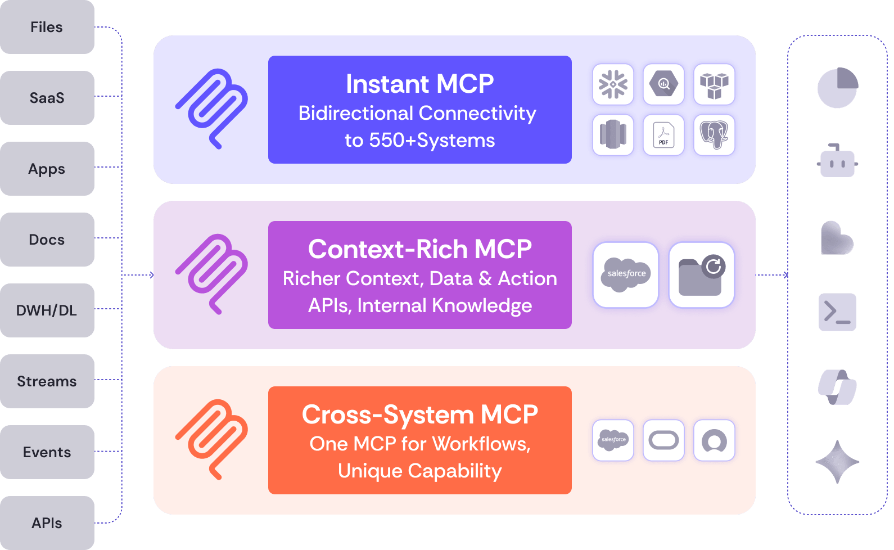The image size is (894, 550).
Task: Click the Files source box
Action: (47, 27)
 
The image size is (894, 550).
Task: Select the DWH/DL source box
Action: (47, 310)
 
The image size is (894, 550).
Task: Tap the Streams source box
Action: (47, 381)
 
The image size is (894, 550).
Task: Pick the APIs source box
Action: (47, 523)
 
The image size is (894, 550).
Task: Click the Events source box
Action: (47, 452)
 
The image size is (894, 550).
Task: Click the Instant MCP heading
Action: (419, 84)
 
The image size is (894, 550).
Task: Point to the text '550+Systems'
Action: (432, 140)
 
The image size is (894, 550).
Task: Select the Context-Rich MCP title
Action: (419, 249)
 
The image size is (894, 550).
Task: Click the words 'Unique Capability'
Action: (419, 471)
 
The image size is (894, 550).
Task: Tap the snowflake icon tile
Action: (613, 84)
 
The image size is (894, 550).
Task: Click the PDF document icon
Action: (663, 135)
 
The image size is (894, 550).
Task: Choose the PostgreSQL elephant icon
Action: (714, 135)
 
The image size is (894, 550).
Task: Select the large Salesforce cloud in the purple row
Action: (626, 274)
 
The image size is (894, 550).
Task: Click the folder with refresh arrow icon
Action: (702, 274)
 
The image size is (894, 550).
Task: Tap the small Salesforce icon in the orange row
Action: (613, 440)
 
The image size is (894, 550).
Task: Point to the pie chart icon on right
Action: (837, 88)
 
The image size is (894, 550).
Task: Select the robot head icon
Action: (837, 161)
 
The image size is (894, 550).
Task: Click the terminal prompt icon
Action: (837, 312)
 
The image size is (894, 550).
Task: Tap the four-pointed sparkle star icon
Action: (837, 462)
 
